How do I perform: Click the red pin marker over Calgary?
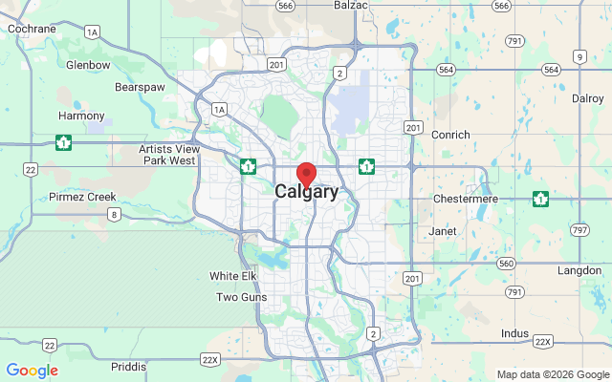tap(306, 175)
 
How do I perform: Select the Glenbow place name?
tap(88, 65)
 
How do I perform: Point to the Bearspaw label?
tap(141, 86)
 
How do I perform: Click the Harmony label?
tap(81, 116)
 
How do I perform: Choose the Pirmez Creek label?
tap(82, 197)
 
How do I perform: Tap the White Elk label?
tap(234, 276)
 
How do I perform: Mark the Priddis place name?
tap(129, 366)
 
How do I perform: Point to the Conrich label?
tap(451, 135)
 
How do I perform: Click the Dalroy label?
tap(587, 98)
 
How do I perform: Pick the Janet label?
tap(444, 231)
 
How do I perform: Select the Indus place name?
tap(514, 333)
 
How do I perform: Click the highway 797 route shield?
tap(580, 230)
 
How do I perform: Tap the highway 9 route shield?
tap(579, 57)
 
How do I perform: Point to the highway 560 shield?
tap(507, 263)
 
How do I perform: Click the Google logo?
tap(32, 371)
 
